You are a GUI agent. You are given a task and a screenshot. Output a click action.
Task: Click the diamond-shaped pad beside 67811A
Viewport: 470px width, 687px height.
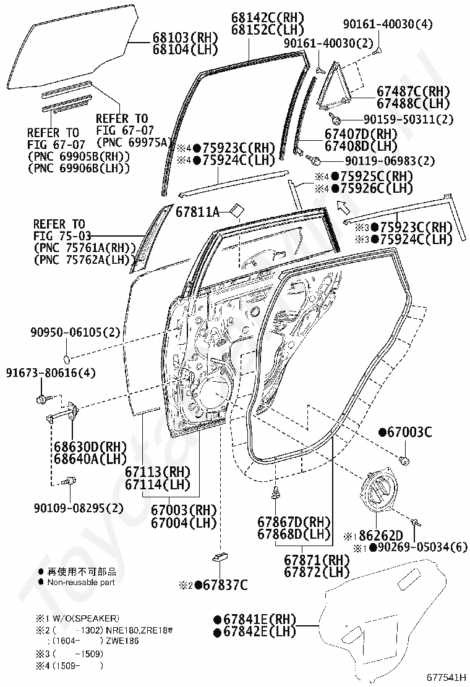pyautogui.click(x=237, y=211)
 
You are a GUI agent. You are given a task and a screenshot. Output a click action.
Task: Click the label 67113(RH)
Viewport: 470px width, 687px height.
pyautogui.click(x=158, y=472)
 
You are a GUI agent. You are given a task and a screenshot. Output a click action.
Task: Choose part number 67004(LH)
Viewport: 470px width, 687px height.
pyautogui.click(x=184, y=522)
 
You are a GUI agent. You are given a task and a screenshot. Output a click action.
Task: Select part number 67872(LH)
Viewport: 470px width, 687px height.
pyautogui.click(x=317, y=572)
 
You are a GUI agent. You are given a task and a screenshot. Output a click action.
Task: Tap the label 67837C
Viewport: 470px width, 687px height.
pyautogui.click(x=226, y=585)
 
